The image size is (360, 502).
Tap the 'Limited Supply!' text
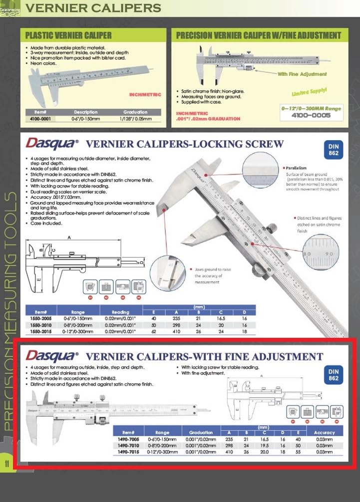[x=309, y=92]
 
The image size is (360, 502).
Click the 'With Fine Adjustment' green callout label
[x=303, y=74]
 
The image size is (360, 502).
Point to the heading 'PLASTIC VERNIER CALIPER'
[x=68, y=35]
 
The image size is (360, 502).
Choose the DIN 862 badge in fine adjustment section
[x=334, y=374]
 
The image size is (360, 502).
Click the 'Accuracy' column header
[x=325, y=432]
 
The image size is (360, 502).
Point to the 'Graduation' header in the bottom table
[x=201, y=432]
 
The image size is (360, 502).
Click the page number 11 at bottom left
[x=7, y=463]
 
